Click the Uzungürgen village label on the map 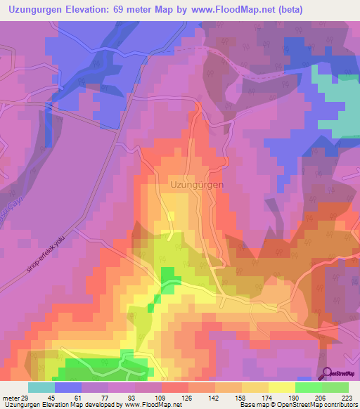tap(197, 185)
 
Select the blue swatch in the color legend tap(68, 387)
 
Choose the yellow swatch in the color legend tap(282, 387)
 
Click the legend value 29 tap(25, 397)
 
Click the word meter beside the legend tap(11, 397)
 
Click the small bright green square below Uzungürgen tap(167, 277)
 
